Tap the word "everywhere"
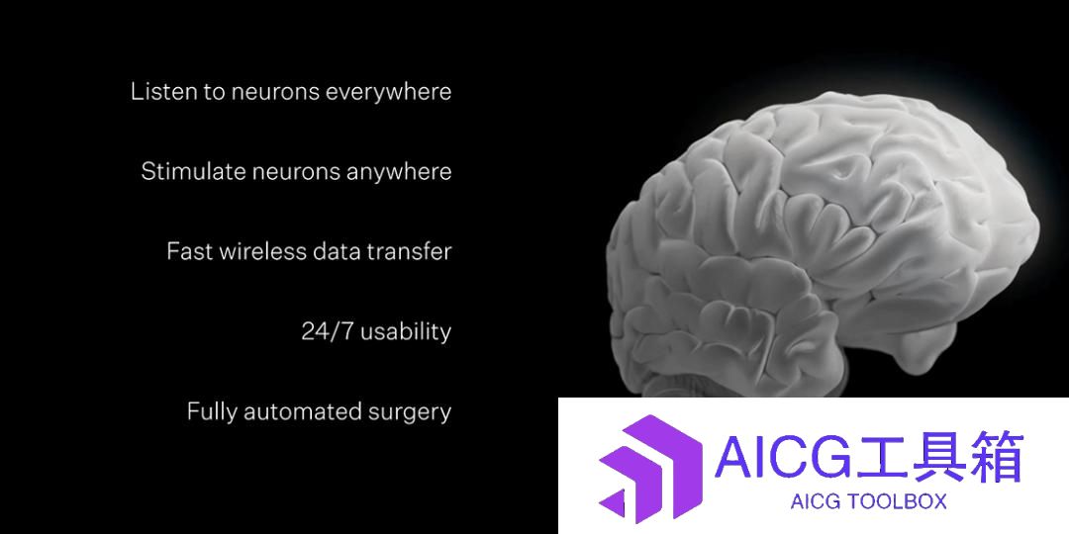pyautogui.click(x=389, y=92)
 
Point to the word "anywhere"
pyautogui.click(x=399, y=172)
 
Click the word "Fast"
pyautogui.click(x=189, y=251)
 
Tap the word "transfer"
pyautogui.click(x=409, y=251)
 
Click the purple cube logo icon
pyautogui.click(x=650, y=469)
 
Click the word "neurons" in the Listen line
pyautogui.click(x=275, y=92)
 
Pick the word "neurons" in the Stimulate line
pyautogui.click(x=296, y=171)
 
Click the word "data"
pyautogui.click(x=337, y=251)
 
